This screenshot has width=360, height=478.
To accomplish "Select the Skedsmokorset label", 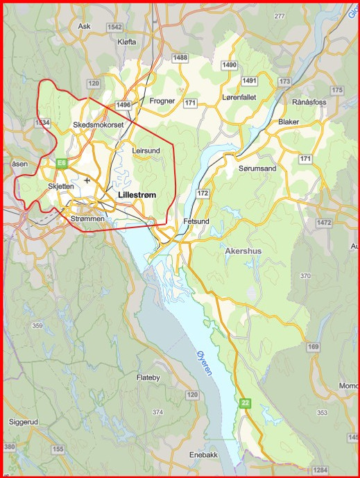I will (x=98, y=125).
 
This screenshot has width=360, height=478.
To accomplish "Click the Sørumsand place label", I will (x=257, y=169).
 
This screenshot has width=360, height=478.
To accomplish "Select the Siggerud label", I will (x=26, y=421).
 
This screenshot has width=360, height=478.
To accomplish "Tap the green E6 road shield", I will (x=62, y=163).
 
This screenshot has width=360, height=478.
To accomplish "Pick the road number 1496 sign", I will (x=124, y=104).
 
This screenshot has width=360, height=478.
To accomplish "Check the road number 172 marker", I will (x=203, y=193).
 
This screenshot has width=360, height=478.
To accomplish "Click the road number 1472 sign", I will (x=324, y=223).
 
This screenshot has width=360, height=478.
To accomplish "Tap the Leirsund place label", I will (x=146, y=150).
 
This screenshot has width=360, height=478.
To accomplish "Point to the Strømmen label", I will (x=87, y=219).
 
